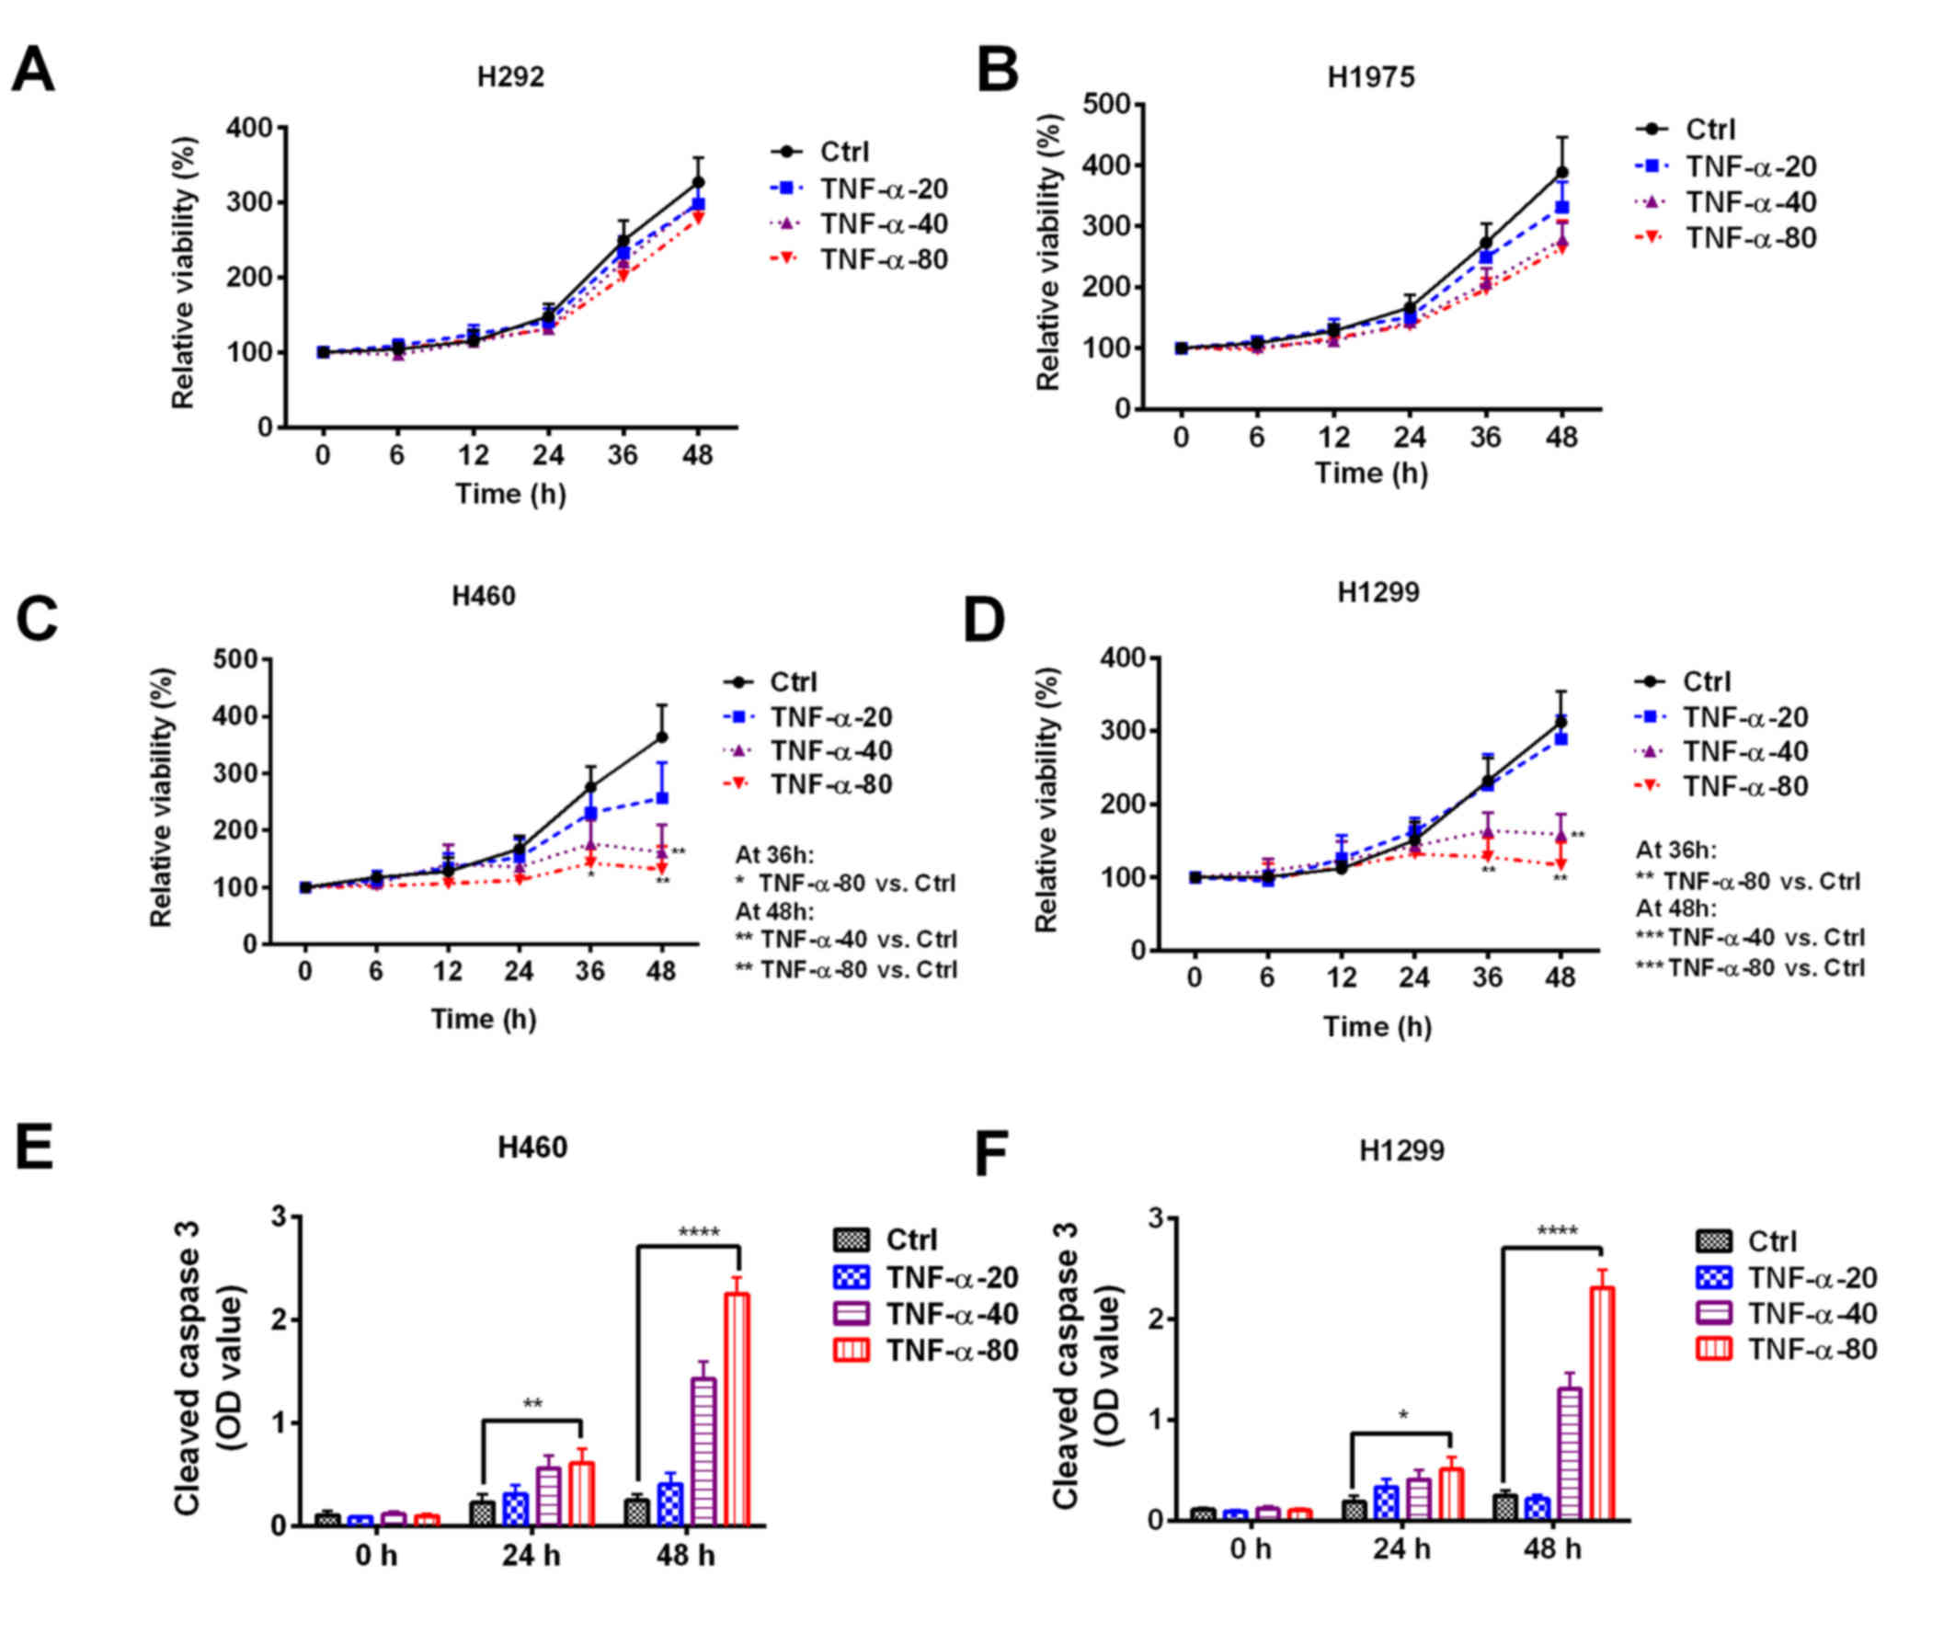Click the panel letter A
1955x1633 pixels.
click(x=32, y=71)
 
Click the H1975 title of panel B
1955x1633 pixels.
click(x=1370, y=77)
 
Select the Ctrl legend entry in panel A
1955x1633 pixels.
click(x=843, y=152)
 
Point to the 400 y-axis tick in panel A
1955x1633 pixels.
click(x=249, y=128)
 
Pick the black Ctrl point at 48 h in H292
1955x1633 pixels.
click(x=698, y=182)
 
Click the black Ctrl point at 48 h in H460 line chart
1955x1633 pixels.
click(x=662, y=737)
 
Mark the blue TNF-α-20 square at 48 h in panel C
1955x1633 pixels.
click(x=662, y=798)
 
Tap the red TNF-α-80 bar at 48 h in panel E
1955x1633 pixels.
click(x=737, y=1409)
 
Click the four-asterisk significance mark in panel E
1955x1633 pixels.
click(x=699, y=1234)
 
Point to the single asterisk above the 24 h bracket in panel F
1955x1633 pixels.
click(x=1404, y=1416)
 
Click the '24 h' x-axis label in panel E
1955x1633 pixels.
click(x=532, y=1556)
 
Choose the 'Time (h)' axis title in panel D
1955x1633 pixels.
click(x=1377, y=1026)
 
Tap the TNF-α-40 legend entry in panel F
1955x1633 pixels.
click(x=1812, y=1314)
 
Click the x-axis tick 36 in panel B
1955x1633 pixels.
click(x=1486, y=437)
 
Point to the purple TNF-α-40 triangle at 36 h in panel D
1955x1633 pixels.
click(x=1488, y=830)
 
